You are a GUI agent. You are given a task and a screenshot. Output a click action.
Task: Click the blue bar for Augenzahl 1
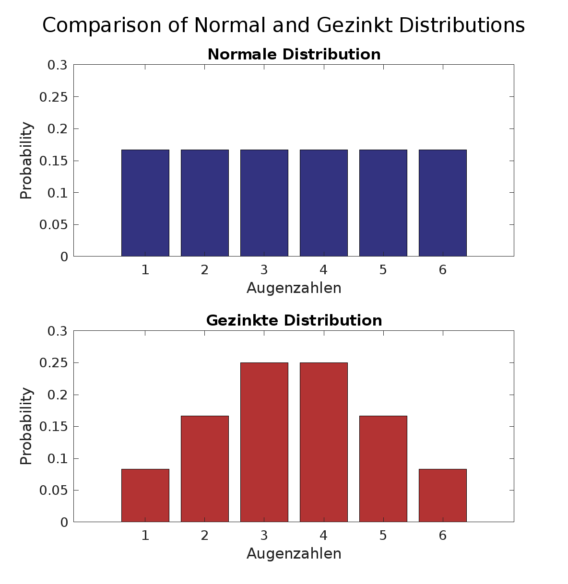[145, 203]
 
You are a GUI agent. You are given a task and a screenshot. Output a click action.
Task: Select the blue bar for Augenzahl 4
[324, 203]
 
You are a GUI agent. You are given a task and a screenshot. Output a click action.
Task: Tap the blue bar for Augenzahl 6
[442, 203]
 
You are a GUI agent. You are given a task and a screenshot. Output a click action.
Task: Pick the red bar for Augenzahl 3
[264, 442]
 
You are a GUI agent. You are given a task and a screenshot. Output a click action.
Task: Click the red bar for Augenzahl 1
[145, 495]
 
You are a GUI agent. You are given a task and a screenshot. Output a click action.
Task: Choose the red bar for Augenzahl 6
[442, 495]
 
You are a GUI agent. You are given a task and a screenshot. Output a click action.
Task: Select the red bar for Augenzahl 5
[383, 468]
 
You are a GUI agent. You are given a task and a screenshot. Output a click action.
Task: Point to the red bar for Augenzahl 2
[205, 468]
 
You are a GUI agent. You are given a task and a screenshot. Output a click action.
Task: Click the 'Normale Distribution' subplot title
[294, 54]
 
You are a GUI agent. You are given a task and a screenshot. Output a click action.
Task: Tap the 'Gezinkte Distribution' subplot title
[294, 320]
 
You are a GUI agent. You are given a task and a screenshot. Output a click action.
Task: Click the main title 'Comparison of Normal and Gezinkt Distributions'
[284, 25]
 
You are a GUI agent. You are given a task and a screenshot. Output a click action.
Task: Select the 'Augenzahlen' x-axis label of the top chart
[294, 288]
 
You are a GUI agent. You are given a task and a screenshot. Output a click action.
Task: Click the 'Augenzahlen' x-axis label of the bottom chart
[294, 554]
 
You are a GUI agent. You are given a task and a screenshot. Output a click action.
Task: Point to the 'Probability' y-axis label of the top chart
[27, 161]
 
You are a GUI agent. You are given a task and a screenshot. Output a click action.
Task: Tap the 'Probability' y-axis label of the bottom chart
[27, 426]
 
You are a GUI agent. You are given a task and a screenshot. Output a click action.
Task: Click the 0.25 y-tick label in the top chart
[53, 97]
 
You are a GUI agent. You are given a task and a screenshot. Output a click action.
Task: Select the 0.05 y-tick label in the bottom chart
[53, 491]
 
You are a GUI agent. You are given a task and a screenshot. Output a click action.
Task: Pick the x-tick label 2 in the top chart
[205, 270]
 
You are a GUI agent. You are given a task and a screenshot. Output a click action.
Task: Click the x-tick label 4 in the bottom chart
[324, 536]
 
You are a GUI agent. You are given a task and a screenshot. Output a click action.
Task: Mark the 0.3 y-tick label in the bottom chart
[58, 331]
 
